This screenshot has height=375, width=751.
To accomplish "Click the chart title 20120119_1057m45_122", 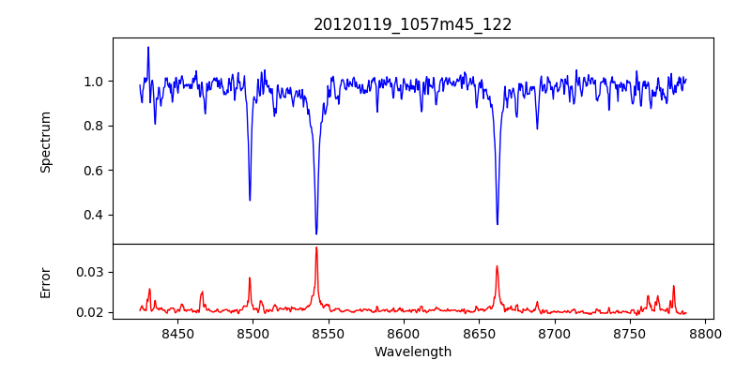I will point(412,24).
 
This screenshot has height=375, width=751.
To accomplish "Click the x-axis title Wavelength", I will point(412,352).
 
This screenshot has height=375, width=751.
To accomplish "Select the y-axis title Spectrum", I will point(46,142).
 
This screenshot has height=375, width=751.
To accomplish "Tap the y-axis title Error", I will point(46,282).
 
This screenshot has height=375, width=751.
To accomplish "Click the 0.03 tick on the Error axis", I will point(92,272).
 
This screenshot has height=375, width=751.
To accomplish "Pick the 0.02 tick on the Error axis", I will point(92,312).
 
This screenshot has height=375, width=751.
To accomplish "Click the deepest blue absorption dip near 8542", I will point(316,232).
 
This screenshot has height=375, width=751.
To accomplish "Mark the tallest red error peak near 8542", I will point(316,247).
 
